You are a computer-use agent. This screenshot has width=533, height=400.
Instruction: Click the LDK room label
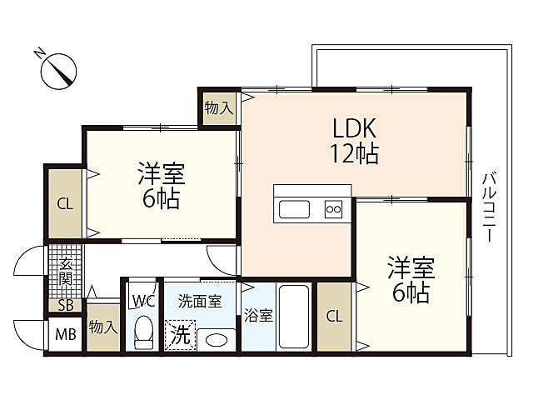click(x=354, y=128)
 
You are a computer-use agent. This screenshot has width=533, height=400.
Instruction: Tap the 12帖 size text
click(x=355, y=153)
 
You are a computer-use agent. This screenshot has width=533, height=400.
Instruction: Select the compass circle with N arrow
click(x=58, y=71)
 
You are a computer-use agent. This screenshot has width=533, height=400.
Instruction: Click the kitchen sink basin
click(x=294, y=209)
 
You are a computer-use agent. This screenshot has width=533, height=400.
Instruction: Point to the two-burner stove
click(x=333, y=209)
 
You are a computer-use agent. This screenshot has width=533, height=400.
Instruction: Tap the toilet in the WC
click(x=143, y=332)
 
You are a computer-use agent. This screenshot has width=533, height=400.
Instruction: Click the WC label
click(x=144, y=301)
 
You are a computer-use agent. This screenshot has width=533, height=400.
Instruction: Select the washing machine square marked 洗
click(x=180, y=335)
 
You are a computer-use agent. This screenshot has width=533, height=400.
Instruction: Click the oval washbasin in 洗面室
click(x=217, y=340)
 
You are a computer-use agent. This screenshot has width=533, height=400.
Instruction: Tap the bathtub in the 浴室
click(x=294, y=317)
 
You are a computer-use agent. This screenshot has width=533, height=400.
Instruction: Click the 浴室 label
click(x=258, y=316)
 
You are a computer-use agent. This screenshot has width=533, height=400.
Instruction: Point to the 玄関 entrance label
click(x=66, y=272)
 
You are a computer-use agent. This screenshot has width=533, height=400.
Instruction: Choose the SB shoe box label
click(x=66, y=305)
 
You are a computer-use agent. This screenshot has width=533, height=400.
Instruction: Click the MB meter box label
click(x=66, y=335)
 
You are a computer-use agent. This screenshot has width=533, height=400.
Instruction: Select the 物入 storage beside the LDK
click(x=219, y=108)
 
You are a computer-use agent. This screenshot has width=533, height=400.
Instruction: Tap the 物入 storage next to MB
click(x=103, y=327)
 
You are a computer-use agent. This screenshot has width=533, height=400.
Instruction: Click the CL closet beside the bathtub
click(x=334, y=317)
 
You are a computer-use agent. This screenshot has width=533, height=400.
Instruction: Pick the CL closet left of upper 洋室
click(x=65, y=204)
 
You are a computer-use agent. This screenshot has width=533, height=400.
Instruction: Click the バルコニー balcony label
click(x=490, y=207)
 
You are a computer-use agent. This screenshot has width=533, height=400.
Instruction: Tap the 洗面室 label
click(x=200, y=301)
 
